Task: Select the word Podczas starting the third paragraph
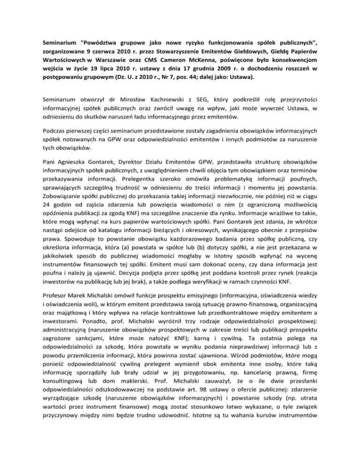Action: [x=53, y=151]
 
